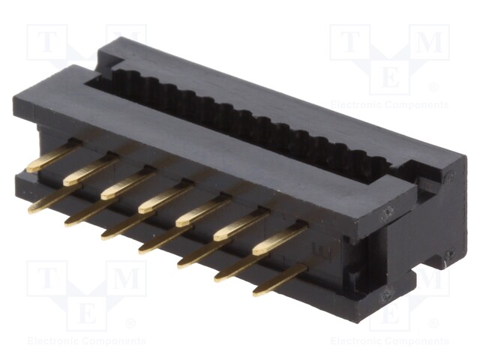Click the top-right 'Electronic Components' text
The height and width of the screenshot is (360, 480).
coord(390,104)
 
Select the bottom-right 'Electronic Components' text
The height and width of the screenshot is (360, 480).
coord(390,341)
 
